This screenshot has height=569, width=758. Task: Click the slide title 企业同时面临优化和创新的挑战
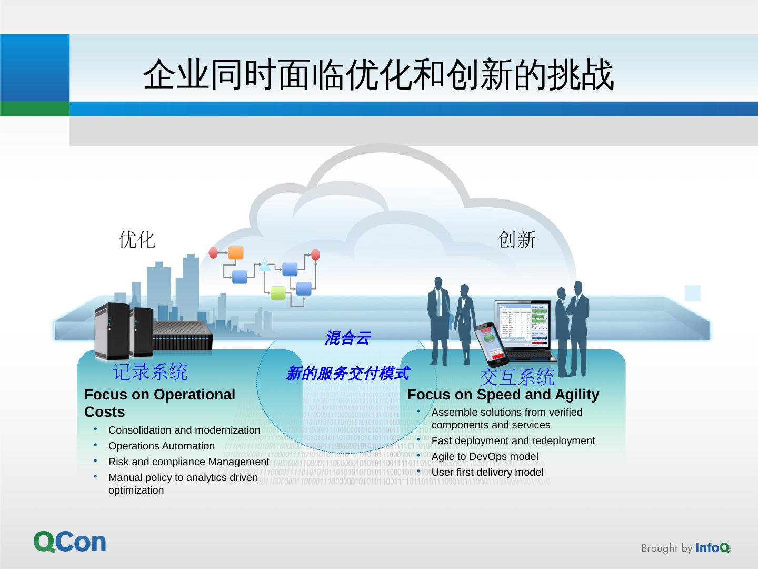378,74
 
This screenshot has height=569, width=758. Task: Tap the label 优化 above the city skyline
137,239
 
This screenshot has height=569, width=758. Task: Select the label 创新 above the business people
516,240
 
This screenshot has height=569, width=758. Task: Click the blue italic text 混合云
347,338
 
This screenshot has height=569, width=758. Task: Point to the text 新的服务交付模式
347,374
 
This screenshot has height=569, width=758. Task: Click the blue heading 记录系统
150,371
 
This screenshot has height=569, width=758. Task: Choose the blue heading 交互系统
517,377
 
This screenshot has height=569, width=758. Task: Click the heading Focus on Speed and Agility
503,395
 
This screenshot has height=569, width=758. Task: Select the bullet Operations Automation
161,446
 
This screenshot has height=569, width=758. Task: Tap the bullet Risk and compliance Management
188,462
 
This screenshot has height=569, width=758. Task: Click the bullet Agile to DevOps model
484,456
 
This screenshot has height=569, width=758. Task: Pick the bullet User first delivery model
487,472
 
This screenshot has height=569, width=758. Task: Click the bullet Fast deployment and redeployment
513,440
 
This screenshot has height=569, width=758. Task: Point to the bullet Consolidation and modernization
184,430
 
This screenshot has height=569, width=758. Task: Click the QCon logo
70,542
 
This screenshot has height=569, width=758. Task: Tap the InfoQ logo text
712,548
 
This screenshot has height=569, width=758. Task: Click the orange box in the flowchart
236,253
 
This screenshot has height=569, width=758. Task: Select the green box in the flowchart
278,293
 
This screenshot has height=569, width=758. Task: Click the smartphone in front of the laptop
491,344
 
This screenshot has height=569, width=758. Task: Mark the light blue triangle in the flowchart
264,265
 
